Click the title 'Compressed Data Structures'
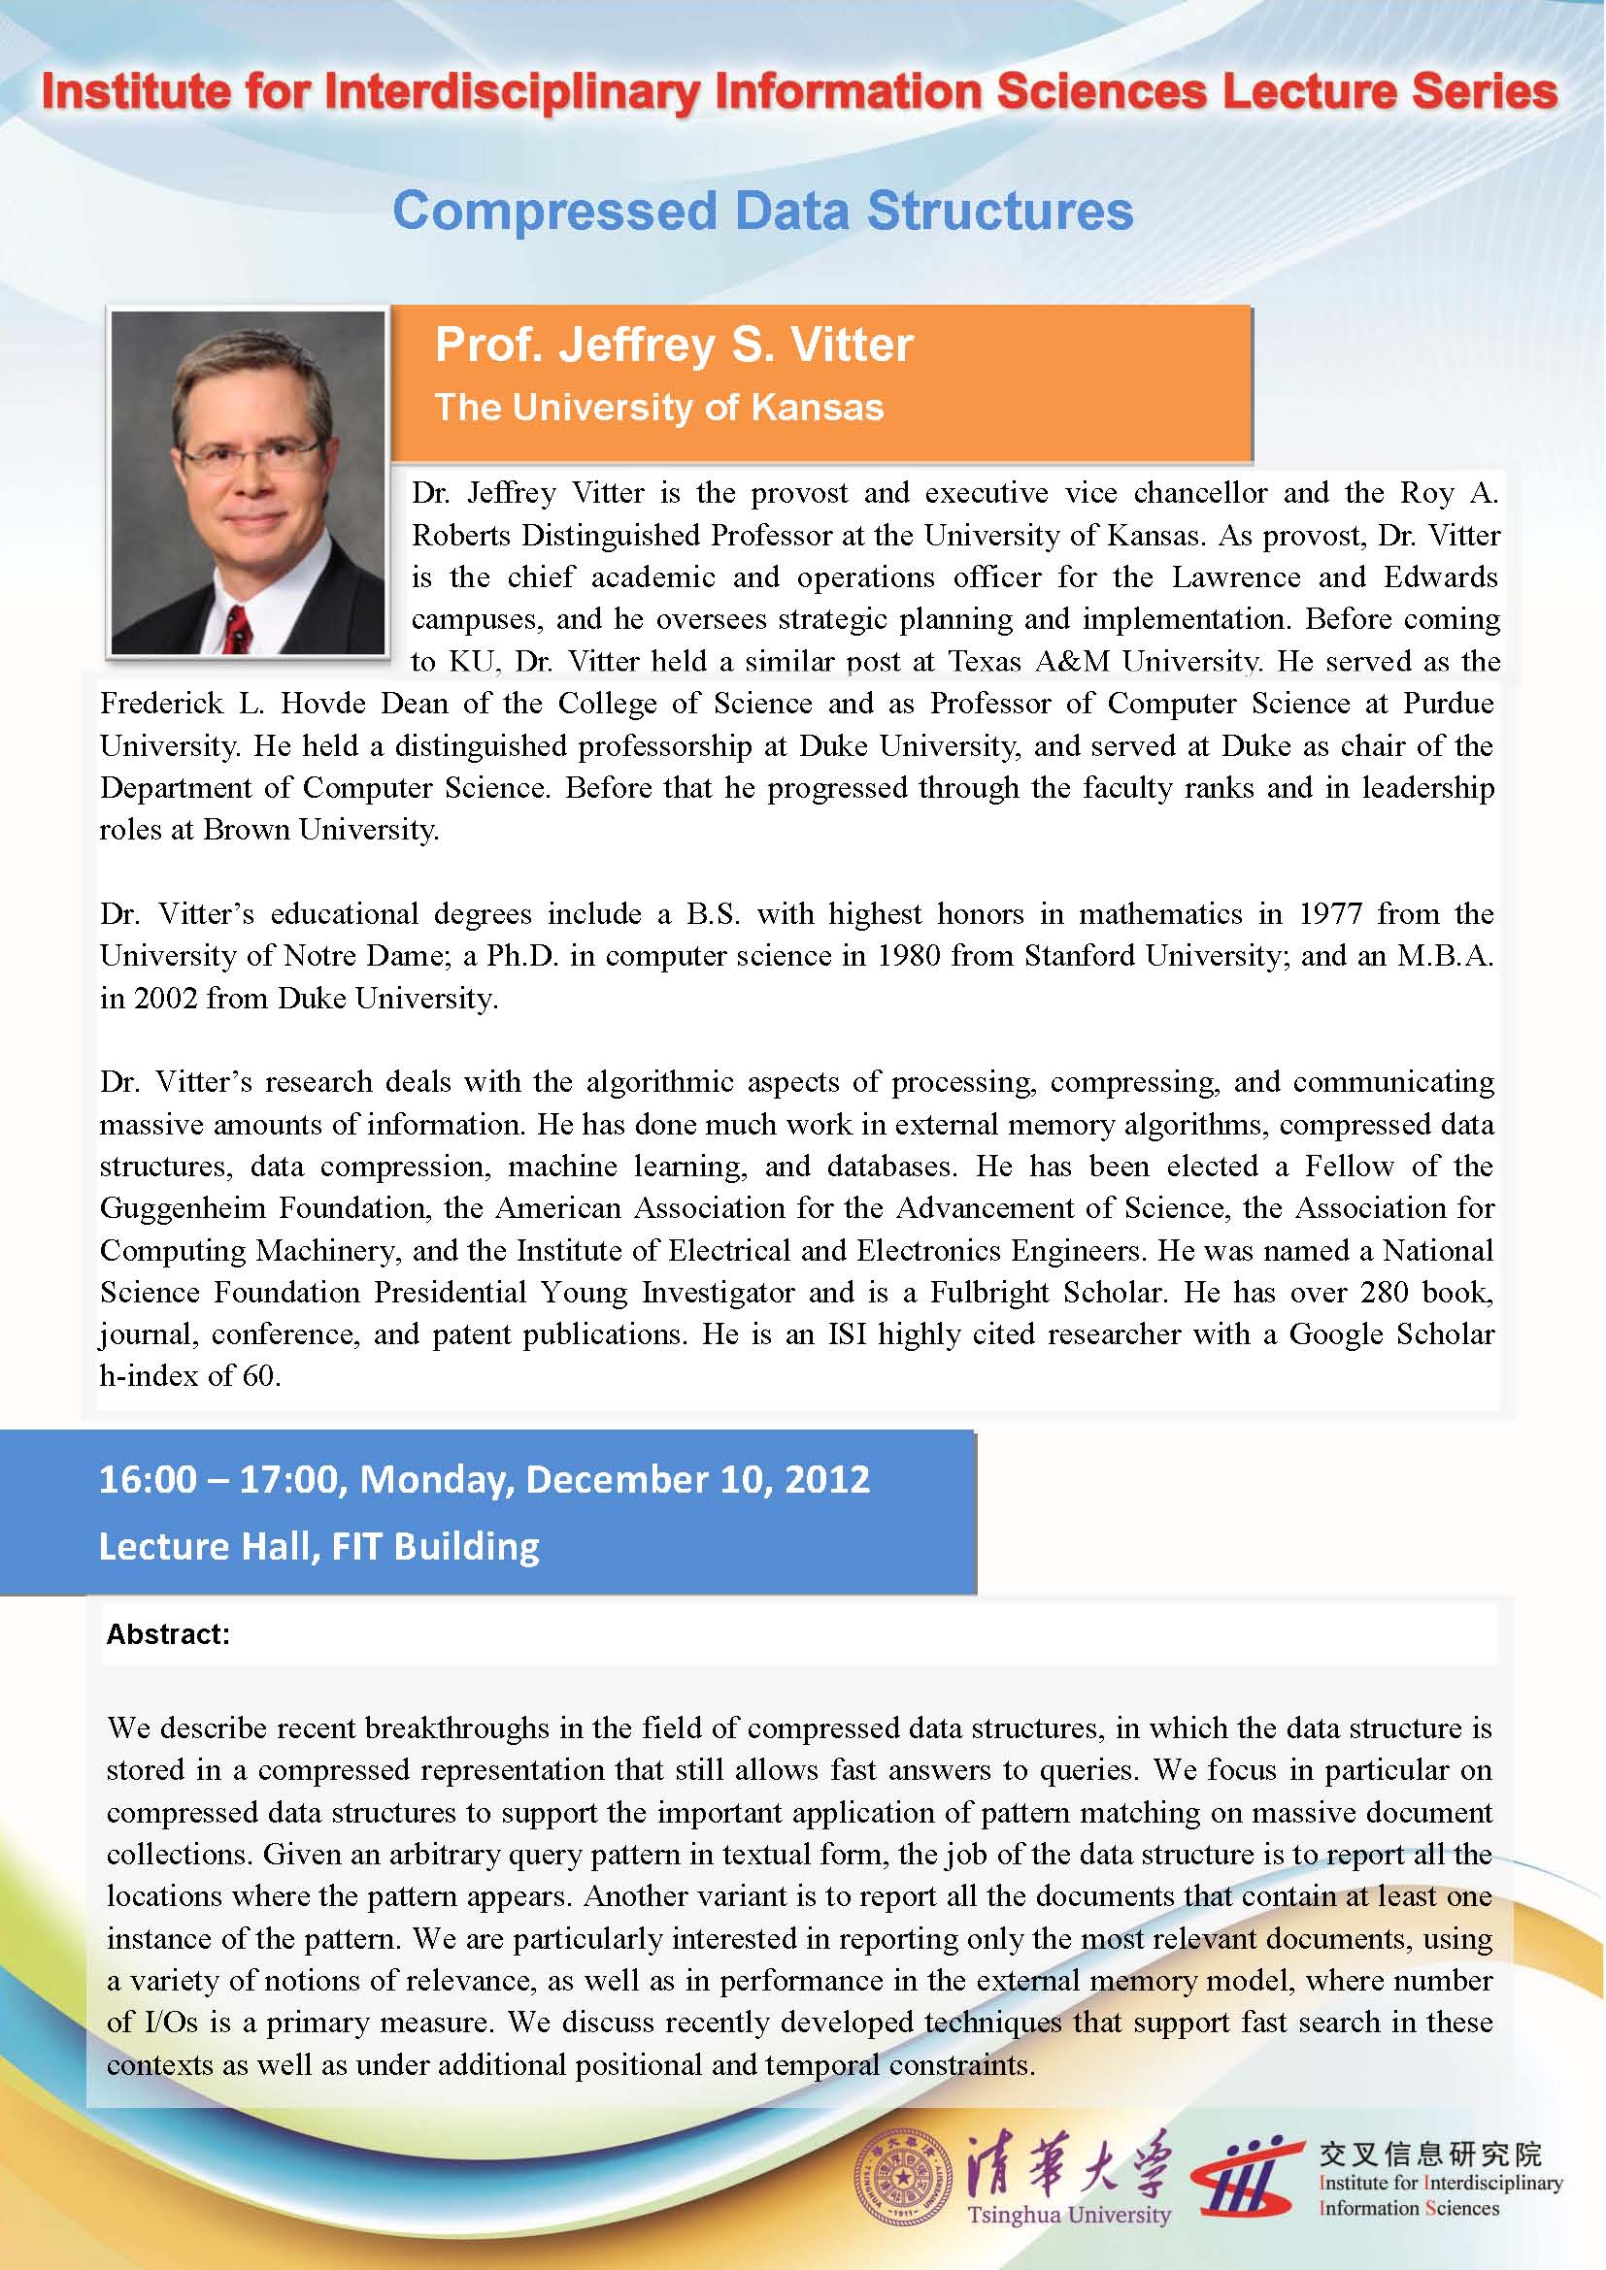[762, 212]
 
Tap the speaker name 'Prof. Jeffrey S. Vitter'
[674, 345]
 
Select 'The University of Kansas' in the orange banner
[658, 408]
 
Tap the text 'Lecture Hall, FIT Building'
[318, 1546]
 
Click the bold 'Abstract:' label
[168, 1634]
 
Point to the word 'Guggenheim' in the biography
[182, 1208]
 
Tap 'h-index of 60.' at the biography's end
[190, 1376]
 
